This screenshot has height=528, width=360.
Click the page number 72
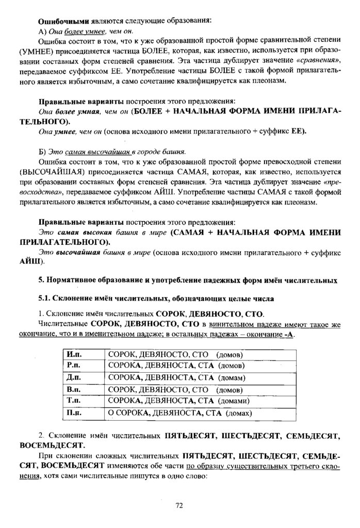coord(179,505)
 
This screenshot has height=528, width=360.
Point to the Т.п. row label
coord(72,400)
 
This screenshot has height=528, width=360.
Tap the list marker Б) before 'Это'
coord(43,151)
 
